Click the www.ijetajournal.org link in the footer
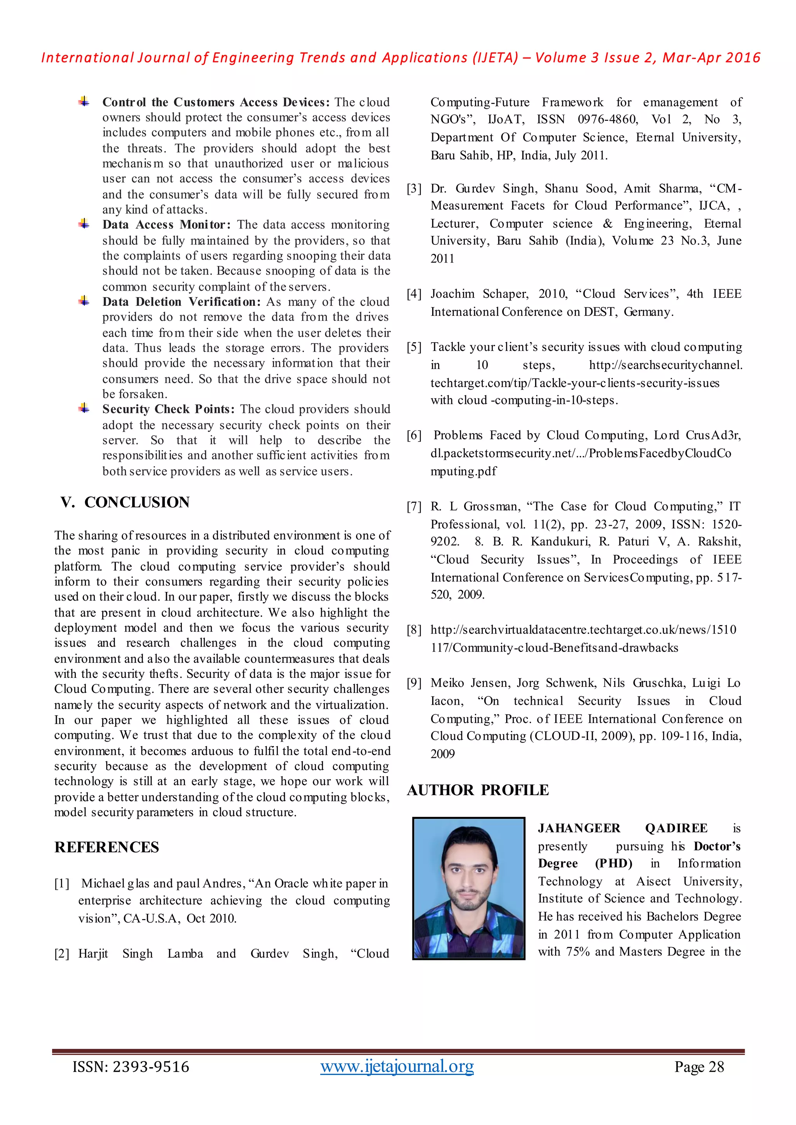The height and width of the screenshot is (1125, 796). point(397,1066)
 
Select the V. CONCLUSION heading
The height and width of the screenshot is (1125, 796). point(125,502)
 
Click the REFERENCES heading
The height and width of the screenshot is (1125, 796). point(107,847)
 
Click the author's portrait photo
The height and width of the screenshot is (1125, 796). point(469,888)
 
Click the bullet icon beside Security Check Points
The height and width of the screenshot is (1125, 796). point(84,408)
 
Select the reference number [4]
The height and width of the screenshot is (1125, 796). point(414,294)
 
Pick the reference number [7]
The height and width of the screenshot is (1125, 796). point(414,507)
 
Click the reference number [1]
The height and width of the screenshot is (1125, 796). point(62,883)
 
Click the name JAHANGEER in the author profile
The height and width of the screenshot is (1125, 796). point(579,829)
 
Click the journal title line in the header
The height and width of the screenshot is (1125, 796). point(400,58)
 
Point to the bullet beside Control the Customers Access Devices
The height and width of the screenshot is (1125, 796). point(84,101)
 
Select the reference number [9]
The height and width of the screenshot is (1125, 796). point(414,683)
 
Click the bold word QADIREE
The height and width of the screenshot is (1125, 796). point(676,829)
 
